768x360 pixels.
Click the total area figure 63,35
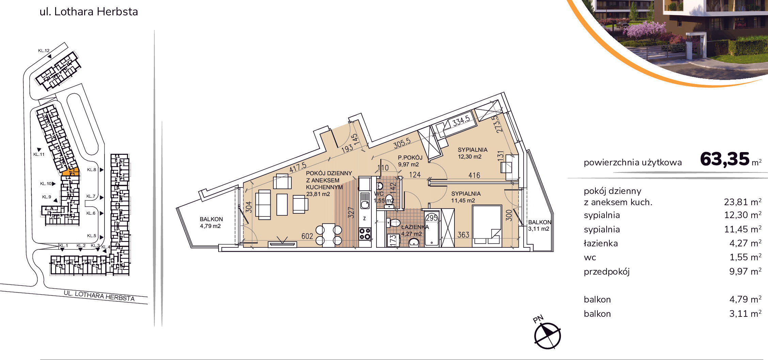coord(724,159)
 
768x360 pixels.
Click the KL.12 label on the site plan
coord(44,51)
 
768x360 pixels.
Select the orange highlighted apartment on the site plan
coord(70,172)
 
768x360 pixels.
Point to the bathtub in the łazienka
coord(432,229)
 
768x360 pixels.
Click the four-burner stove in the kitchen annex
coord(365,234)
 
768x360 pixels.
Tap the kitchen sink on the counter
coord(365,200)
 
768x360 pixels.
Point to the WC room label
coord(379,194)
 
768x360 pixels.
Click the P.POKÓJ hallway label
coord(410,158)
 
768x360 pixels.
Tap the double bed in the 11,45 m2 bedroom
coord(487,226)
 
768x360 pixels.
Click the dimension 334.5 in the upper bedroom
coord(461,120)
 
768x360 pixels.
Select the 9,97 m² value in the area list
coord(745,271)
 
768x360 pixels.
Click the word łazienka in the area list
coord(601,243)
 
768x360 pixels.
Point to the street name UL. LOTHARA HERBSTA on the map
coord(99,296)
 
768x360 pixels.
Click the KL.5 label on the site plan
coord(91,235)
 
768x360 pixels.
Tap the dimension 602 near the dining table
coord(307,236)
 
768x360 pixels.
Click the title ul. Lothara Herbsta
coord(89,12)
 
